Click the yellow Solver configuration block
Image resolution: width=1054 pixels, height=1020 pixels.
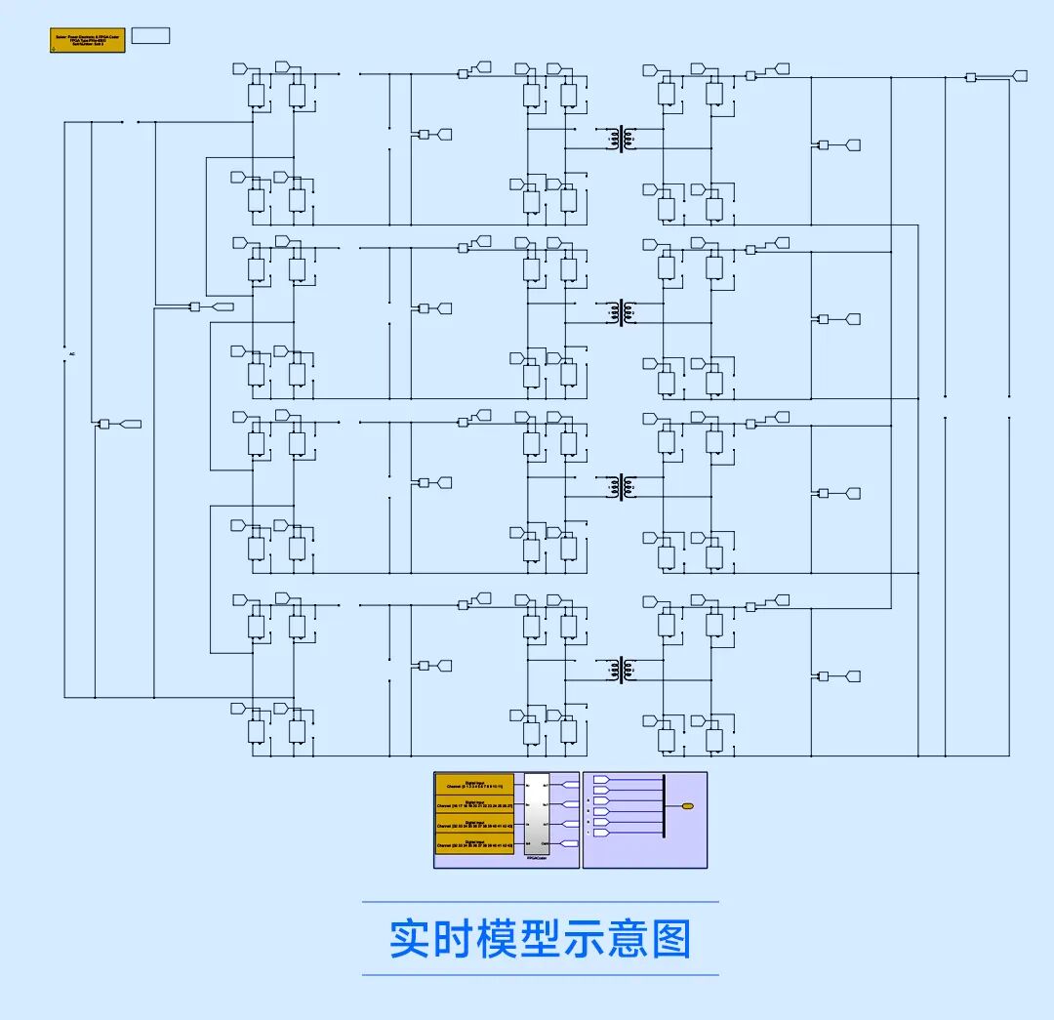pos(87,40)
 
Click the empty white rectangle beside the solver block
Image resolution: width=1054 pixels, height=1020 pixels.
pos(150,36)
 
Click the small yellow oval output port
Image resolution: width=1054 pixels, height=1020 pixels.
pos(688,806)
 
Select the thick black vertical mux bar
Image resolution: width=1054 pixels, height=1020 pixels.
pos(664,806)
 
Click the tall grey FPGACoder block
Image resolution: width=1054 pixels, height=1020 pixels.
pos(537,814)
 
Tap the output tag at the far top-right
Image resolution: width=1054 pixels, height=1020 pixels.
pos(1020,75)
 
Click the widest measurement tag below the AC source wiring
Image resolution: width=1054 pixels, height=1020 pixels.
pos(129,424)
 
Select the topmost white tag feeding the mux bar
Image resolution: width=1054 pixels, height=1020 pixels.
pos(601,780)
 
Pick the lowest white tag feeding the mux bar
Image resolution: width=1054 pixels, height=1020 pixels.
pos(601,833)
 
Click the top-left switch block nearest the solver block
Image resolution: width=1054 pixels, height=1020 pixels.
pos(257,95)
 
